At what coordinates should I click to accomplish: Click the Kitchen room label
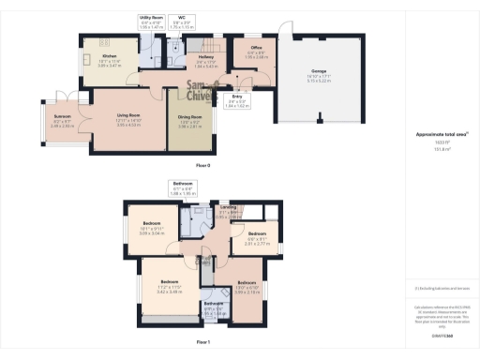point(96,55)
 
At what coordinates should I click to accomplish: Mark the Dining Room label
point(190,118)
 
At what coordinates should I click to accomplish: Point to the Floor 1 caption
point(202,343)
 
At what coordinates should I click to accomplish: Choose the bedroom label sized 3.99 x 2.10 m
point(247,284)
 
